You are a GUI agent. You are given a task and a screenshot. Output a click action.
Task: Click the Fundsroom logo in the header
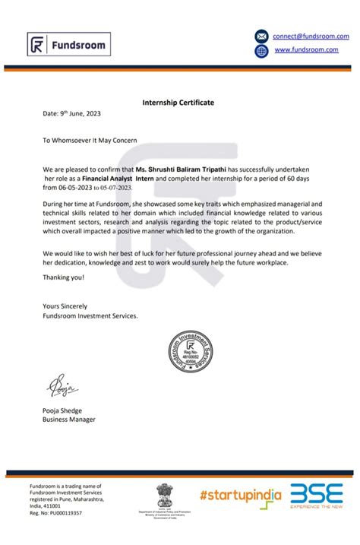[63, 45]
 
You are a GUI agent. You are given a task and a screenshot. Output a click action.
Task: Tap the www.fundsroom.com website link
[305, 50]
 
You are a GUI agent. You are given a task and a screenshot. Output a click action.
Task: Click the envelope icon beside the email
[261, 36]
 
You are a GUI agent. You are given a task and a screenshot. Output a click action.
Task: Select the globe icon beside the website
[261, 50]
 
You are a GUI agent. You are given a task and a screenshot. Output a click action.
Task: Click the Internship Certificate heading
[178, 102]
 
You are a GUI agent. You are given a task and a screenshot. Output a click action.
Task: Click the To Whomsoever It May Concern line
[90, 141]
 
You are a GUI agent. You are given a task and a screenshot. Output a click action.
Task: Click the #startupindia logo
[241, 495]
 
